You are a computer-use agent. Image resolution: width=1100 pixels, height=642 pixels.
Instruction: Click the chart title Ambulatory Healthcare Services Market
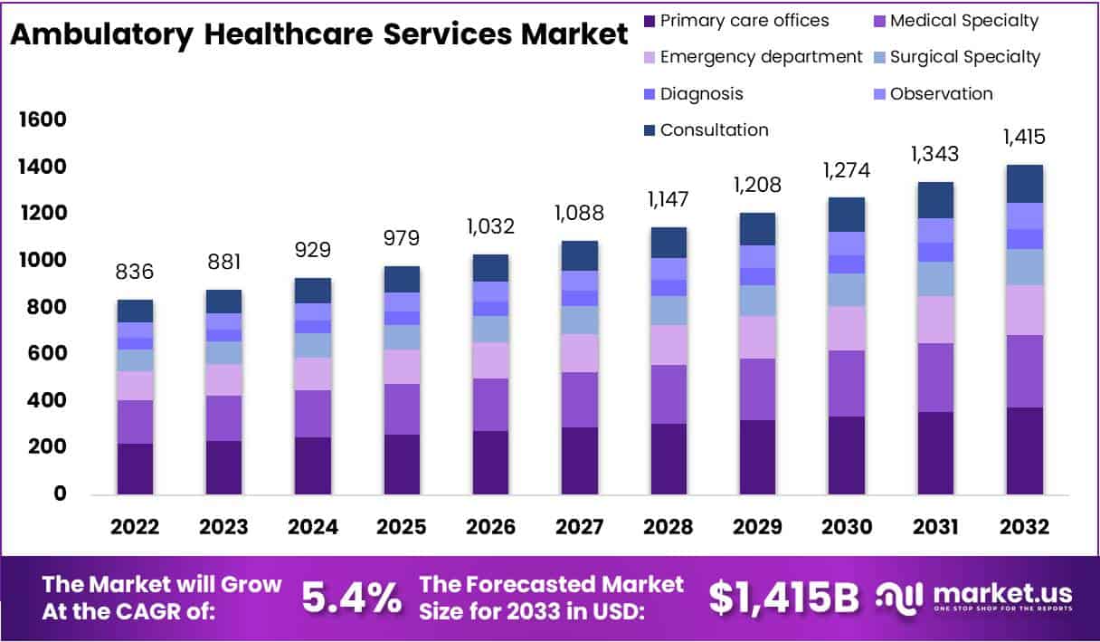318,35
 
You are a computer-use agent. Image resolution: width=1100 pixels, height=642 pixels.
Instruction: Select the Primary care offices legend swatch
649,21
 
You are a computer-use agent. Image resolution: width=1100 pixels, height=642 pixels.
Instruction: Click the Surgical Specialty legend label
965,57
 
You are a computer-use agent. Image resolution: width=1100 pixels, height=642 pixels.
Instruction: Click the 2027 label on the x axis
579,527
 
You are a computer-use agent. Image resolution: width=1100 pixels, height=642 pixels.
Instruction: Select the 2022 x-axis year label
135,527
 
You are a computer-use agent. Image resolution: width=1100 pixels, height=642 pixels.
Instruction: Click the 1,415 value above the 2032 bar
1024,138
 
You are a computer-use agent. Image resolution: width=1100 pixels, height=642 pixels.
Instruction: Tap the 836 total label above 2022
135,272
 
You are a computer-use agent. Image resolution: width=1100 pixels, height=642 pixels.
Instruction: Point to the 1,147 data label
668,199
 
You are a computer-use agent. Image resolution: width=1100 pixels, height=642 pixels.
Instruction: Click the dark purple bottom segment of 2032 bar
1024,450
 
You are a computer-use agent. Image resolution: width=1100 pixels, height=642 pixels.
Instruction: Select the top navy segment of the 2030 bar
846,215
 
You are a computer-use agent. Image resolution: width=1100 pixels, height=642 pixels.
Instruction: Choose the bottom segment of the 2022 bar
135,468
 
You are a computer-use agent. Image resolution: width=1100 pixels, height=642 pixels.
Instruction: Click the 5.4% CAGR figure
351,598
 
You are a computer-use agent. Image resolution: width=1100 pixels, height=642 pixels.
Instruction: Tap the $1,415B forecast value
783,598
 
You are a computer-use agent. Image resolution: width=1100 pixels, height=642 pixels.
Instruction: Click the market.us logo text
1001,594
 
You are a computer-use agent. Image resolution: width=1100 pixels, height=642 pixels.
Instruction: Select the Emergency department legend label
761,57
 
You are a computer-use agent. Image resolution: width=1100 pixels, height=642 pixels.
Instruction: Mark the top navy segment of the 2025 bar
402,279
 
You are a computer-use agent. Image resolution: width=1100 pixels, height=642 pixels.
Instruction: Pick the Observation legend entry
941,93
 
